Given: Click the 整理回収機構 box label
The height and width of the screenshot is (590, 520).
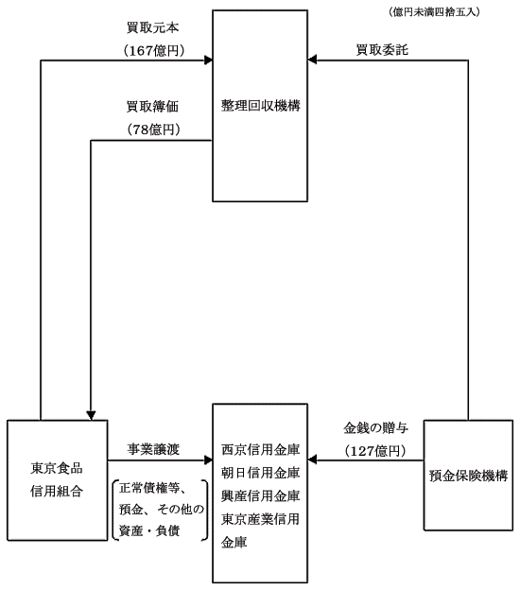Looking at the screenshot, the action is coord(260,106).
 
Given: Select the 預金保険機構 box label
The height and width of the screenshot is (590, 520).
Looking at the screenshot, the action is coord(468,476).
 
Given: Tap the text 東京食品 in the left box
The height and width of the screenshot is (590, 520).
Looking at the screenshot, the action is coord(57,468).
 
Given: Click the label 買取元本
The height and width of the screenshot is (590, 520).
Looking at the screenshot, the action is coord(152,27).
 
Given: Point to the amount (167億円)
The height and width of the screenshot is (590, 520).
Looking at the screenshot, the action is coord(154,50).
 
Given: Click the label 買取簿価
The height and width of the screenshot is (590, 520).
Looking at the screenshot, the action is coord(152,107).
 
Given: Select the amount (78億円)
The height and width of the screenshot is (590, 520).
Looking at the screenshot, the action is coord(154,130).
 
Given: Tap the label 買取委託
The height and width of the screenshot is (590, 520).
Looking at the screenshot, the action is coord(382,50).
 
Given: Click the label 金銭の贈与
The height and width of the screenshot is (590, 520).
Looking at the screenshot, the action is coord(376,427).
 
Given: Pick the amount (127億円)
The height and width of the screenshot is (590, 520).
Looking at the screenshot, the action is coord(375,451).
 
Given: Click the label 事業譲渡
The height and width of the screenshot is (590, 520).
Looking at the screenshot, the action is coord(153,449).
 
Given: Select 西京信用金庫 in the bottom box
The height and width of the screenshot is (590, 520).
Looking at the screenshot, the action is coord(260,450).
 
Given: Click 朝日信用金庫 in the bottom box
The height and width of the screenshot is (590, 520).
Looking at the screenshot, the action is coord(260,473).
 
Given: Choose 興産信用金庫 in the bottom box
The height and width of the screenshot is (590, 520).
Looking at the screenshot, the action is coord(260,496).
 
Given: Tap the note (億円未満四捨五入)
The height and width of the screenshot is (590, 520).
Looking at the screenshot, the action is coord(434,12).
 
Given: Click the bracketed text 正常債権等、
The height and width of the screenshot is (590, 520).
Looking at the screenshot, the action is coord(152,489).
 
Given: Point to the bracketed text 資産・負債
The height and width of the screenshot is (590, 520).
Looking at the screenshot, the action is coord(149,531).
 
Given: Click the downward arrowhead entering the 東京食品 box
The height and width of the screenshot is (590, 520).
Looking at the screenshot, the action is coord(91,415).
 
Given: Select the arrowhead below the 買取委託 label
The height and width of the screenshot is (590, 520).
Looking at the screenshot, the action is coord(312,60).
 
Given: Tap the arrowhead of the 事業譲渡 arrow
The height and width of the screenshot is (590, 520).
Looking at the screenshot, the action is coord(208,460).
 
